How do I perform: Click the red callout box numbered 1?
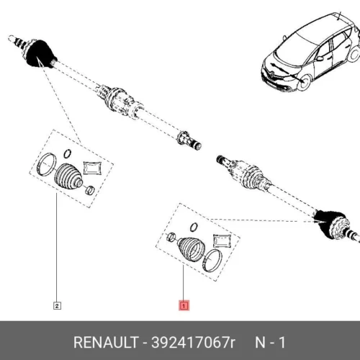(x=184, y=305)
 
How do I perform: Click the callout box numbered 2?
(x=57, y=306)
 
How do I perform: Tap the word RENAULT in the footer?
(x=106, y=342)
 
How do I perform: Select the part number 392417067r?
(x=194, y=342)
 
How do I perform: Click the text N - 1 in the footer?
(x=270, y=342)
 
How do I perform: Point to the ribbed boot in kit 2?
(x=68, y=176)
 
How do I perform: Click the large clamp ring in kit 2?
(x=47, y=164)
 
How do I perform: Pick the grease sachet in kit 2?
(x=92, y=168)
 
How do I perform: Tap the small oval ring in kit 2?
(x=68, y=153)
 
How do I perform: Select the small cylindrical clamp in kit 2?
(x=90, y=191)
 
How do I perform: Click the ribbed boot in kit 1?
(x=192, y=250)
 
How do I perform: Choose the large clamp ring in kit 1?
(x=212, y=261)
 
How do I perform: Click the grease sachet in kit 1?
(x=222, y=241)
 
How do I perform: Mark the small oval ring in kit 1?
(x=194, y=227)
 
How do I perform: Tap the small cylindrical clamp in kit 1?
(x=171, y=237)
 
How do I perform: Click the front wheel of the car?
(x=304, y=82)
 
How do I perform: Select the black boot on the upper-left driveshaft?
(x=41, y=54)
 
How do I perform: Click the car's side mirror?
(x=320, y=58)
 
